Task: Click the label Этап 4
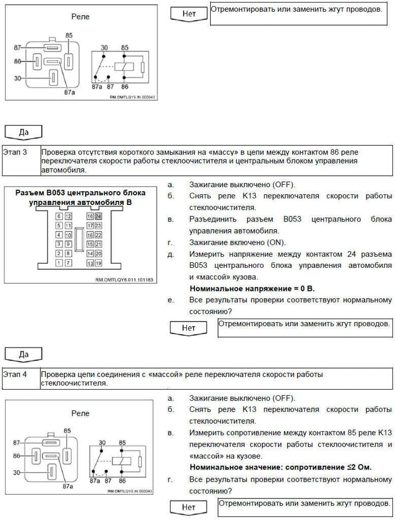click(x=15, y=375)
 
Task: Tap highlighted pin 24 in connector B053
click(x=98, y=216)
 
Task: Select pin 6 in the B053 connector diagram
click(x=59, y=216)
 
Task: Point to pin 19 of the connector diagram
click(x=98, y=263)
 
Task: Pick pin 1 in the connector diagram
click(x=59, y=263)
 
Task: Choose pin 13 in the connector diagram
click(x=90, y=263)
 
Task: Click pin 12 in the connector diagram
click(x=68, y=216)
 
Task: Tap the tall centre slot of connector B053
click(x=79, y=240)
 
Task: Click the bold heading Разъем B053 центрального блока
click(x=80, y=193)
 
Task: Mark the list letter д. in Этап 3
click(x=171, y=254)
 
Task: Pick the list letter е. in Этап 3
click(x=171, y=301)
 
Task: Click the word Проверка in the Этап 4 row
click(x=57, y=375)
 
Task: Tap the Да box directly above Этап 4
click(x=23, y=354)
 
